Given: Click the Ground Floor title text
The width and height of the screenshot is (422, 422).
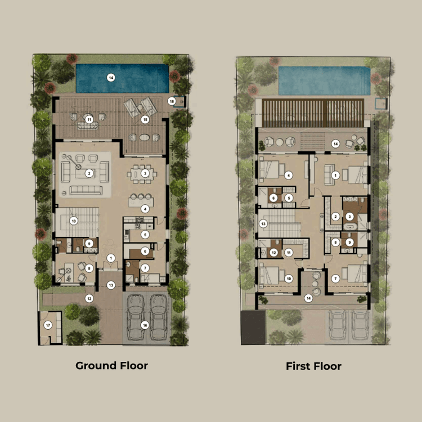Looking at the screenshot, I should (111, 366).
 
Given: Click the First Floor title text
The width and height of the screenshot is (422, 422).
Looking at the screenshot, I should (313, 366).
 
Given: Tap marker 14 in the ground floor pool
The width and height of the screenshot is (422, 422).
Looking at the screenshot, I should (111, 78).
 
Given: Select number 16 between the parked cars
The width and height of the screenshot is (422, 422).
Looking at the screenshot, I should (145, 325).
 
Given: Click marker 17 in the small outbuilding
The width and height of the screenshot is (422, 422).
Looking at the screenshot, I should (48, 325).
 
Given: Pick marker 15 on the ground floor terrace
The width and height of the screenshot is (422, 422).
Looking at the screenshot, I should (145, 119).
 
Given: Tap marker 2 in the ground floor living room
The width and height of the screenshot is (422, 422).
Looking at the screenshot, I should (89, 173).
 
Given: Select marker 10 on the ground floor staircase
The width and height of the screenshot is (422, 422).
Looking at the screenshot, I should (73, 221).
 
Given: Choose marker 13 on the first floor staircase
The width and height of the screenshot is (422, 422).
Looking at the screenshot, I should (263, 223).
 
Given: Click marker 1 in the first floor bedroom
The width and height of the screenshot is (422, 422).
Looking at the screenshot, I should (336, 175).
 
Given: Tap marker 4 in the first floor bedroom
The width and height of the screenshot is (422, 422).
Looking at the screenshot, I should (288, 175).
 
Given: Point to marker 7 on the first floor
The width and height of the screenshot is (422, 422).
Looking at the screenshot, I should (335, 278).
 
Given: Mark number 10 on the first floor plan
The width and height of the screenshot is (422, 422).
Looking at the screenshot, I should (289, 278).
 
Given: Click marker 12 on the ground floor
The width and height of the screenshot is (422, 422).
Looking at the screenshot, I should (89, 298).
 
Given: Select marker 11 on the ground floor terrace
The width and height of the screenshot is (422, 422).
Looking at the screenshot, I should (89, 119).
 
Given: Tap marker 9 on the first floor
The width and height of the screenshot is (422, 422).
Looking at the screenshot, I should (349, 243).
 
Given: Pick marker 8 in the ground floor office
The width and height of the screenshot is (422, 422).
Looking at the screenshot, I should (89, 268).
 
